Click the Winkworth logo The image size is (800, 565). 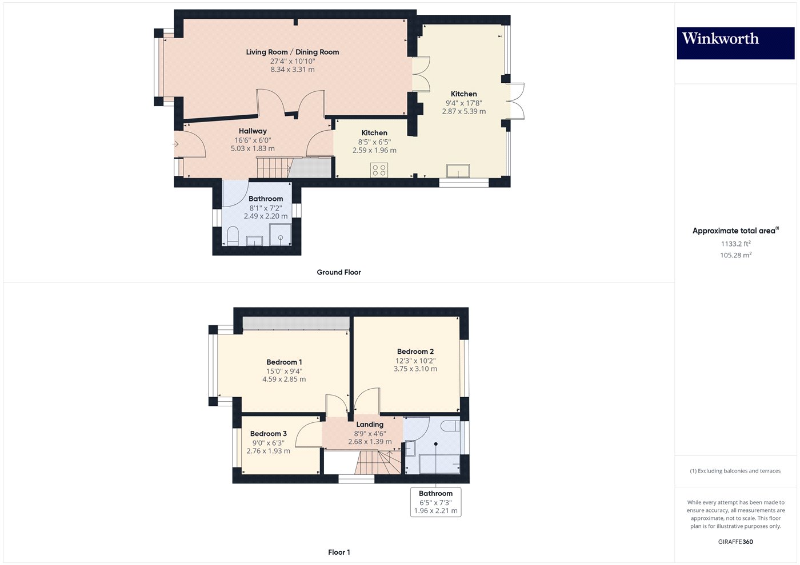tap(735, 43)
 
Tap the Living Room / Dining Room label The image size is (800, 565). tap(293, 52)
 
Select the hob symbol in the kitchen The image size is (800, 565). tap(379, 169)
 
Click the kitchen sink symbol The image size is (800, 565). tap(458, 171)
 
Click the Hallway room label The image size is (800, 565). tap(253, 131)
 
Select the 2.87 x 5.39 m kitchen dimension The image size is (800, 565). tap(463, 112)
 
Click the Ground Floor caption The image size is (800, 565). tap(339, 272)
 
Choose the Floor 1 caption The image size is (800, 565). tap(339, 552)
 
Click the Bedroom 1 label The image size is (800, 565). tap(284, 362)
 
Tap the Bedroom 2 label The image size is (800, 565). tap(415, 352)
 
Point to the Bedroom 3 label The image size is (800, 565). tap(268, 434)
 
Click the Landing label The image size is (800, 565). tap(370, 425)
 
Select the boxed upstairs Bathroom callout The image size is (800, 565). tap(435, 502)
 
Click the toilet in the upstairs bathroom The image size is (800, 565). tap(450, 426)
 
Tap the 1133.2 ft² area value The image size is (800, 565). tap(735, 244)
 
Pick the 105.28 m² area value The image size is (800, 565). tap(735, 255)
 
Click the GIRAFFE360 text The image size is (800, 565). tap(735, 542)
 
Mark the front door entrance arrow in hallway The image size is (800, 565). tap(177, 144)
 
